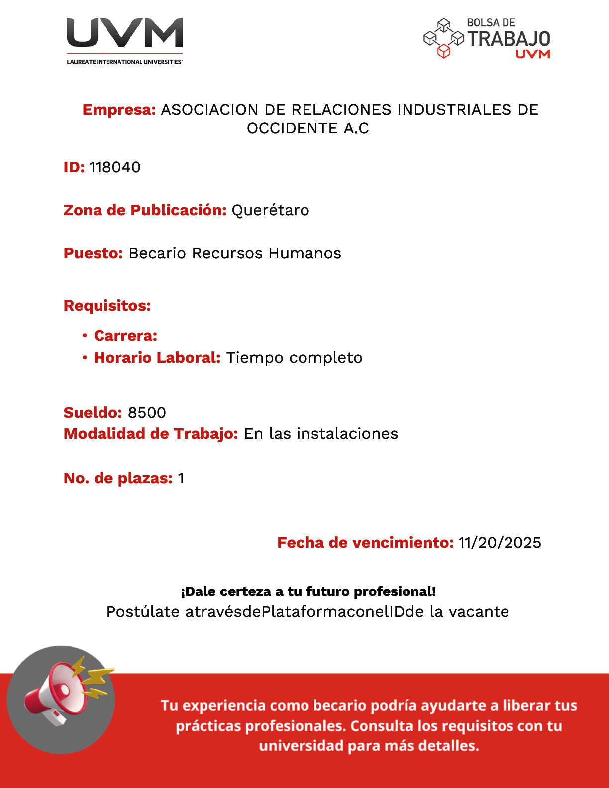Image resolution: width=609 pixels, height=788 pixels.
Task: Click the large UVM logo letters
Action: (x=125, y=33)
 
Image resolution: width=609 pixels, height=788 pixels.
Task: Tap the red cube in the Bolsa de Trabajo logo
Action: (x=443, y=51)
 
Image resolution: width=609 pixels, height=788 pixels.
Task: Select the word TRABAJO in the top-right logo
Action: (x=508, y=39)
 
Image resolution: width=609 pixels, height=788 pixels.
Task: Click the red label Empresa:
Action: (x=119, y=110)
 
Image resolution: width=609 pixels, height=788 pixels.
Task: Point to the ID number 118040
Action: (x=115, y=167)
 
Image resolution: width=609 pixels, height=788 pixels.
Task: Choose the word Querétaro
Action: (x=270, y=210)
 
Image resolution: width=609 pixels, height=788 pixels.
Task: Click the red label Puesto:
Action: (x=93, y=253)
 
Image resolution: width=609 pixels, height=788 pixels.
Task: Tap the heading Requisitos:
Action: (x=107, y=306)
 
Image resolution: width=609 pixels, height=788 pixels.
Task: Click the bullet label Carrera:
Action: (x=125, y=336)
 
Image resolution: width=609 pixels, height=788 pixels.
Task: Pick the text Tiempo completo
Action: (x=294, y=358)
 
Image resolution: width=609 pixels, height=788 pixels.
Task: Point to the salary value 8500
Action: (x=147, y=413)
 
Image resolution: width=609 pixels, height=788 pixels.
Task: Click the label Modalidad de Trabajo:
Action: (x=151, y=434)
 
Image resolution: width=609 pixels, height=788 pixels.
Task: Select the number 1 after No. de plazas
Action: (x=181, y=478)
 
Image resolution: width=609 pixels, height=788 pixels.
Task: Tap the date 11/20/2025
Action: (x=500, y=543)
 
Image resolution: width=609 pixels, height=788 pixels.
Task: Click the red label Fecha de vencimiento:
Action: (x=365, y=543)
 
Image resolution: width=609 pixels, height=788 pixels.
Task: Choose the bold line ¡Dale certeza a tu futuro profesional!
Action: (x=308, y=591)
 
